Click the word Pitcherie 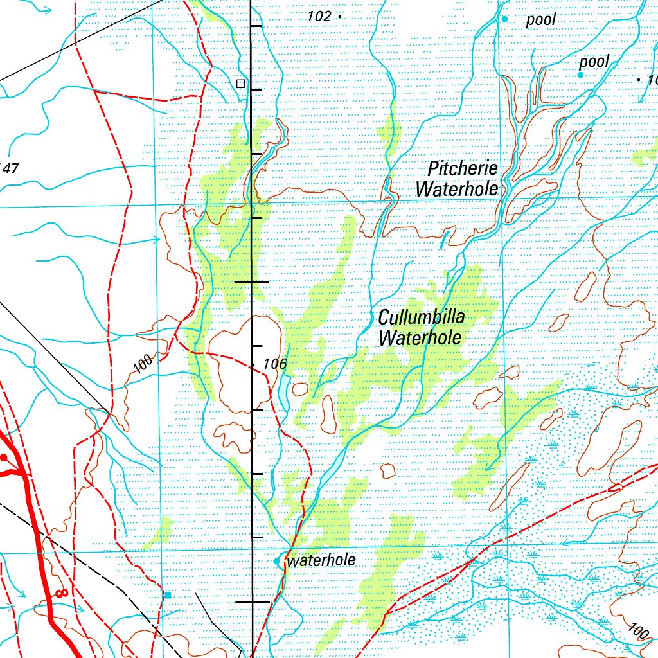[463, 169]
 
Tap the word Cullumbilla [421, 317]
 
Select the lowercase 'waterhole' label [322, 560]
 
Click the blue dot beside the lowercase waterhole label [277, 562]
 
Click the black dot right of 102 [339, 17]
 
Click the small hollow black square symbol [241, 84]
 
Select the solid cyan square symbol [168, 596]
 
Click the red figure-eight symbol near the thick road [61, 593]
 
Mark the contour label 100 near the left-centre [144, 364]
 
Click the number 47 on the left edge [10, 169]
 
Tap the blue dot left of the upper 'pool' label [504, 19]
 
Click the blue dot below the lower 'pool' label [580, 75]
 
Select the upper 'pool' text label [540, 21]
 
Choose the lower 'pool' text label [594, 62]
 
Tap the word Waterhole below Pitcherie [457, 190]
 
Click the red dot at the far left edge [3, 458]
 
